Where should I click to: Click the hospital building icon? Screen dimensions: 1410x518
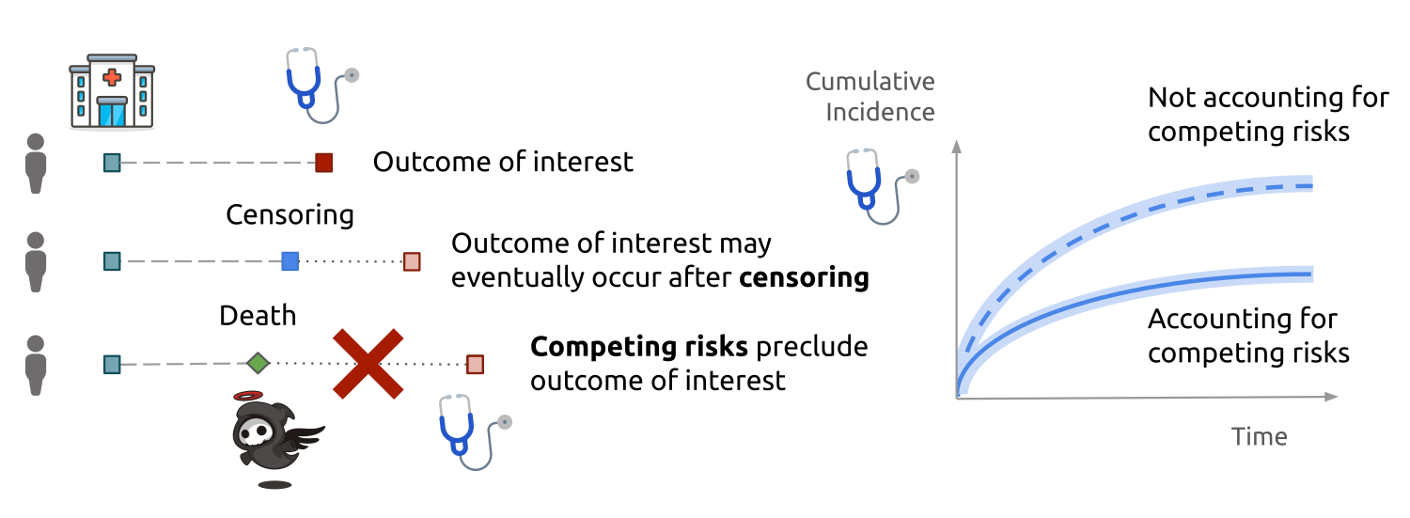[x=112, y=92]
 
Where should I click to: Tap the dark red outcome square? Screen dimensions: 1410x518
[x=323, y=163]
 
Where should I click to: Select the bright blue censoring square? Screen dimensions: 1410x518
[x=290, y=261]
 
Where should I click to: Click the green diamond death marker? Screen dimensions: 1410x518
[x=258, y=363]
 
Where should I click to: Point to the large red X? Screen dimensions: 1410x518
[x=368, y=364]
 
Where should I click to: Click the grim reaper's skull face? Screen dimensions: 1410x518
[x=254, y=432]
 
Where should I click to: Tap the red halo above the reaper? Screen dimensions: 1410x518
[x=248, y=396]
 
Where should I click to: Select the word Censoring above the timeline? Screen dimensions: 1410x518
[x=290, y=214]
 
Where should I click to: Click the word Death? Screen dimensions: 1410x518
[x=258, y=315]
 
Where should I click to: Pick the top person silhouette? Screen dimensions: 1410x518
[x=36, y=163]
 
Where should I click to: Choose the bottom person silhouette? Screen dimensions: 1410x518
[x=36, y=365]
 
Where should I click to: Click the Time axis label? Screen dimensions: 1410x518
[x=1259, y=436]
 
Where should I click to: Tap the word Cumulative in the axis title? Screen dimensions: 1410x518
[x=869, y=81]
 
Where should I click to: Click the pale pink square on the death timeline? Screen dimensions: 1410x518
[x=476, y=364]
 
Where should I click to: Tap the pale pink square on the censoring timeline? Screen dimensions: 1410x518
[x=412, y=261]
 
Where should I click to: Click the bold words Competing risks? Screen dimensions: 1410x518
[x=639, y=347]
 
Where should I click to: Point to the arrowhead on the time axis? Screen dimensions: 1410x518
[x=1330, y=397]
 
